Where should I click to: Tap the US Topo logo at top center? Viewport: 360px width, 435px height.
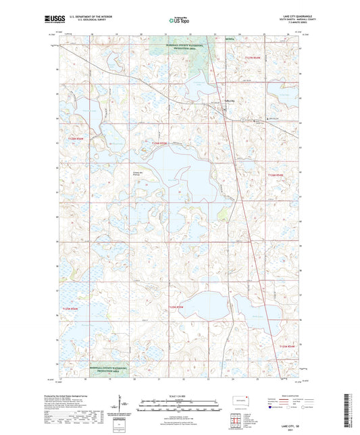179,21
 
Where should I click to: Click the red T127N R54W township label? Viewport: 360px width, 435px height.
256,59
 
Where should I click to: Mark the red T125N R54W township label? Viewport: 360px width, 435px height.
288,347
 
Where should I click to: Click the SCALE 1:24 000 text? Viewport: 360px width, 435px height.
179,395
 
